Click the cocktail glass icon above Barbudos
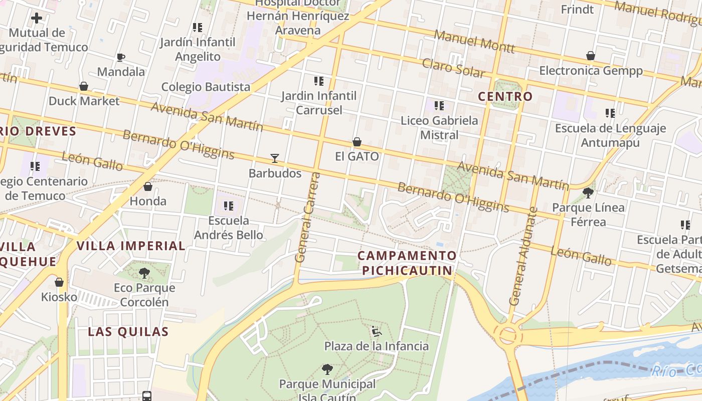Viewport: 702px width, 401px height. (274, 158)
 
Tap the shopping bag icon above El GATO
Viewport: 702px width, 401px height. (357, 142)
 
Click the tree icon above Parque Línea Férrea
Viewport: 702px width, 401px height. (588, 192)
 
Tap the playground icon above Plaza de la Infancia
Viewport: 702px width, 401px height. (376, 331)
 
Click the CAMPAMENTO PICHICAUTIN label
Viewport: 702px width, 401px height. (407, 263)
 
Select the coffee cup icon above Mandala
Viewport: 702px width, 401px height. (120, 57)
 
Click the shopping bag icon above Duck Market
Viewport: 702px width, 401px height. (84, 86)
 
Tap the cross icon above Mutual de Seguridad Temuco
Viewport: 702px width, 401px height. (37, 19)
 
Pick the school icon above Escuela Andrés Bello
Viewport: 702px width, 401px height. (229, 206)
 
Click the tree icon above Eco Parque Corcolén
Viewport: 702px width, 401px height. (144, 273)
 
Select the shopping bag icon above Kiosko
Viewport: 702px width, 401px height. (59, 282)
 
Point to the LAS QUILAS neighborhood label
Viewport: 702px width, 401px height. (128, 332)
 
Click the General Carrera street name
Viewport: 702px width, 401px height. (307, 217)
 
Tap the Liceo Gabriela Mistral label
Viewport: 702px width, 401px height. (439, 127)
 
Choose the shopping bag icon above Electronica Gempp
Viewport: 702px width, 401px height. (591, 56)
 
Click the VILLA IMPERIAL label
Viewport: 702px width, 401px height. (131, 246)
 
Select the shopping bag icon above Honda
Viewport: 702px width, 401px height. (148, 186)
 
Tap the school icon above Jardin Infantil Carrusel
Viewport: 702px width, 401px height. (319, 81)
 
